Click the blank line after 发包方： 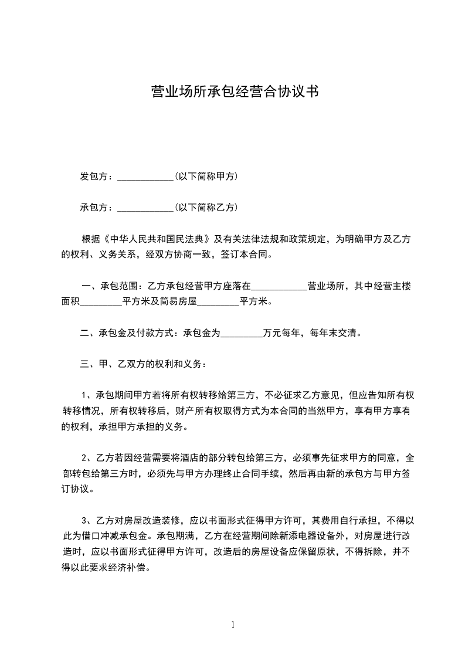[145, 177]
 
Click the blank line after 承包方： [145, 208]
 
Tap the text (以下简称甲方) [206, 176]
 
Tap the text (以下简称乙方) [206, 207]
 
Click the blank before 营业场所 [279, 287]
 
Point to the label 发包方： [97, 176]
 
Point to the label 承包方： [97, 207]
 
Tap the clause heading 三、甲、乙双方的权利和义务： [143, 364]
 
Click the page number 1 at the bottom [233, 625]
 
